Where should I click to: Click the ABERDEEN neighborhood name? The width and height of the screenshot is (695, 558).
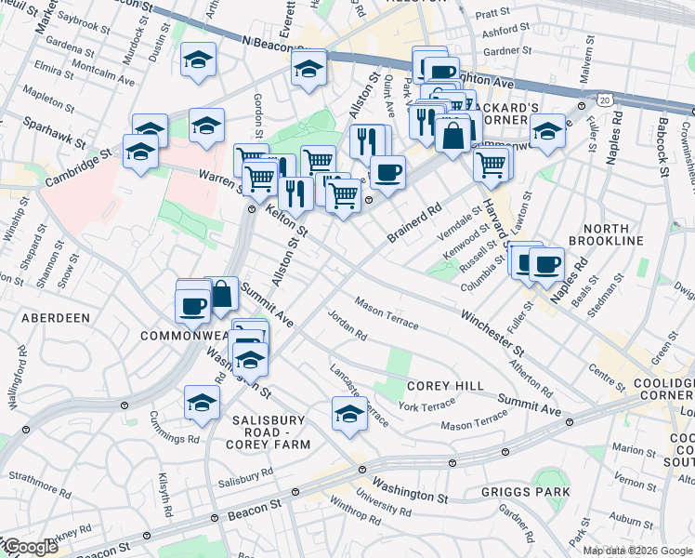click(53, 317)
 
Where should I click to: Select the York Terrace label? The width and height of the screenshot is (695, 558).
click(426, 405)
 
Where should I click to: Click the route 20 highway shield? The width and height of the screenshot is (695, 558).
click(606, 98)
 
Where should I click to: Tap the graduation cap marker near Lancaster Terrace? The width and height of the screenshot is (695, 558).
click(349, 413)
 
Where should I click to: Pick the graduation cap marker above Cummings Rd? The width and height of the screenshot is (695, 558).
click(201, 402)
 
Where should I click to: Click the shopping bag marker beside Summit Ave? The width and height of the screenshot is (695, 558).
click(222, 294)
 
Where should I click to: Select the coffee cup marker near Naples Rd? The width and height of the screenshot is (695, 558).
click(545, 263)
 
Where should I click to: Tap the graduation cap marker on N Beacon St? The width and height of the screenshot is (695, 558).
click(308, 67)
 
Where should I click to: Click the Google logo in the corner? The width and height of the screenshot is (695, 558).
click(30, 547)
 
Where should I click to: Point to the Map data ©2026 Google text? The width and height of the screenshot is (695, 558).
click(637, 551)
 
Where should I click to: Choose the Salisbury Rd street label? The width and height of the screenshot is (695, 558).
click(245, 476)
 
